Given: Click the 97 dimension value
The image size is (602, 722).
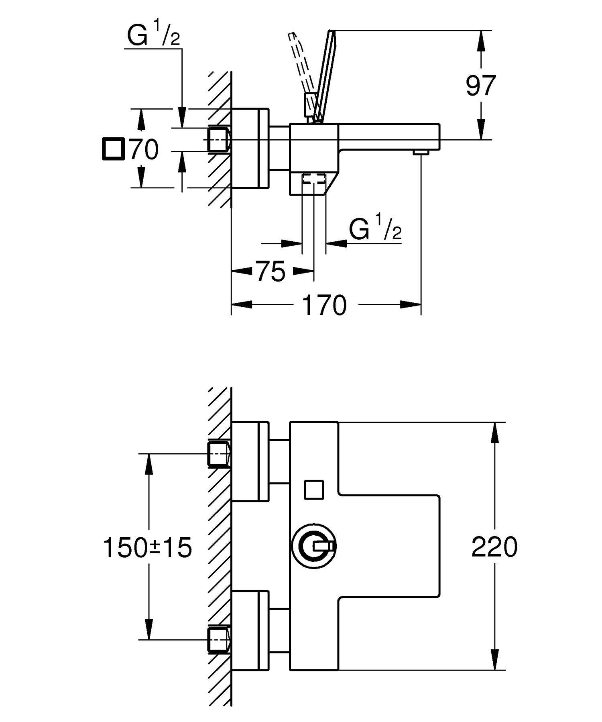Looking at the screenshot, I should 481,85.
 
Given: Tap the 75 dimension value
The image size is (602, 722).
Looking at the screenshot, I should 271,272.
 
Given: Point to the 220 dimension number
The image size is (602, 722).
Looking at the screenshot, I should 494,547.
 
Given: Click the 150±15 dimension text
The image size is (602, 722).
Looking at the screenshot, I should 148,548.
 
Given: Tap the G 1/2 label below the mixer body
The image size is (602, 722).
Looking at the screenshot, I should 375,229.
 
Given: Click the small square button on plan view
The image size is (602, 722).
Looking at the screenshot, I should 314,489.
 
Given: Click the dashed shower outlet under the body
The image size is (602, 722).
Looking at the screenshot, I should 313,179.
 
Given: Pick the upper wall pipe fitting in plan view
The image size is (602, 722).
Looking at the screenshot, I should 219,454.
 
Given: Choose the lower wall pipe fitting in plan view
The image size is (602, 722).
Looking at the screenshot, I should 219,639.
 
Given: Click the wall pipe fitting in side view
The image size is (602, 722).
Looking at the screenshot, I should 219,139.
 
